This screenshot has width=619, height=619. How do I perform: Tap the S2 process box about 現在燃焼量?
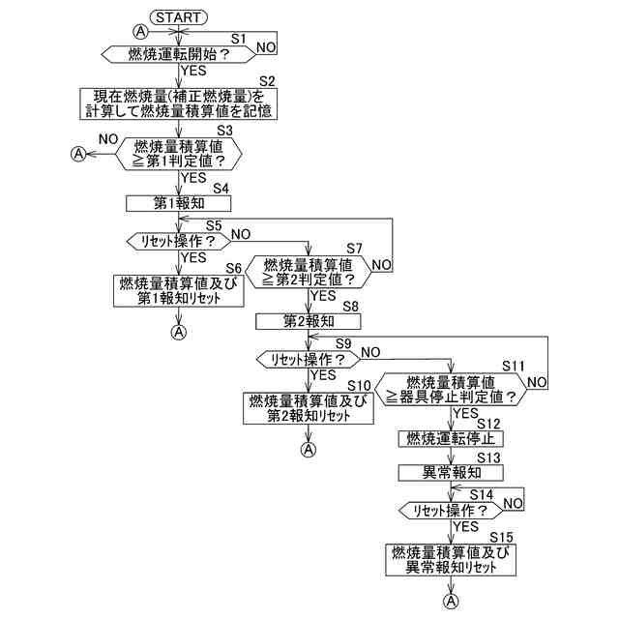[x=179, y=103]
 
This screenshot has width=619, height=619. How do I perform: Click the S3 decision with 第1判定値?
[x=179, y=153]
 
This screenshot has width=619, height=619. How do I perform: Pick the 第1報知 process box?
[x=179, y=203]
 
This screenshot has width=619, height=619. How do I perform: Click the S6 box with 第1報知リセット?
[x=179, y=289]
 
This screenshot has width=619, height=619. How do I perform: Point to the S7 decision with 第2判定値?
[x=308, y=272]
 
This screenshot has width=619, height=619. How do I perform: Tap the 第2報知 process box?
[x=308, y=319]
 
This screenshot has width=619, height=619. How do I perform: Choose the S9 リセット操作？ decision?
[x=308, y=359]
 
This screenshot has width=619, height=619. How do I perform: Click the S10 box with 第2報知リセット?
[x=308, y=408]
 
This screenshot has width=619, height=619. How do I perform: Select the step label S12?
[x=488, y=424]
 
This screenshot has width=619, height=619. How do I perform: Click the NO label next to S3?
[x=108, y=140]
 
